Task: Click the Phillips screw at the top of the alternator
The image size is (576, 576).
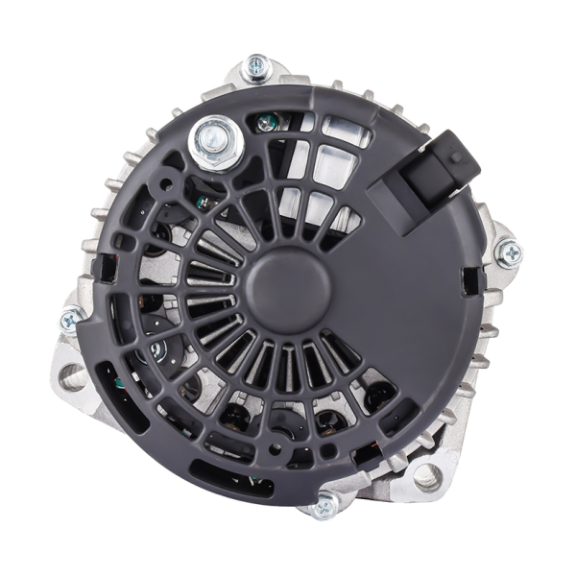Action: pos(256,67)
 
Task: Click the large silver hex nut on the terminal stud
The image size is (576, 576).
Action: pos(215,140)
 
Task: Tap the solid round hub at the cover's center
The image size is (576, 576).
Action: pos(288,288)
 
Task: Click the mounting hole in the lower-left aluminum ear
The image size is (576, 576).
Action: pos(74,375)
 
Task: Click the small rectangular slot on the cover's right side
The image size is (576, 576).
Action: pos(468,279)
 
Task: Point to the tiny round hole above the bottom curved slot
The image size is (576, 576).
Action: pos(276,446)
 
